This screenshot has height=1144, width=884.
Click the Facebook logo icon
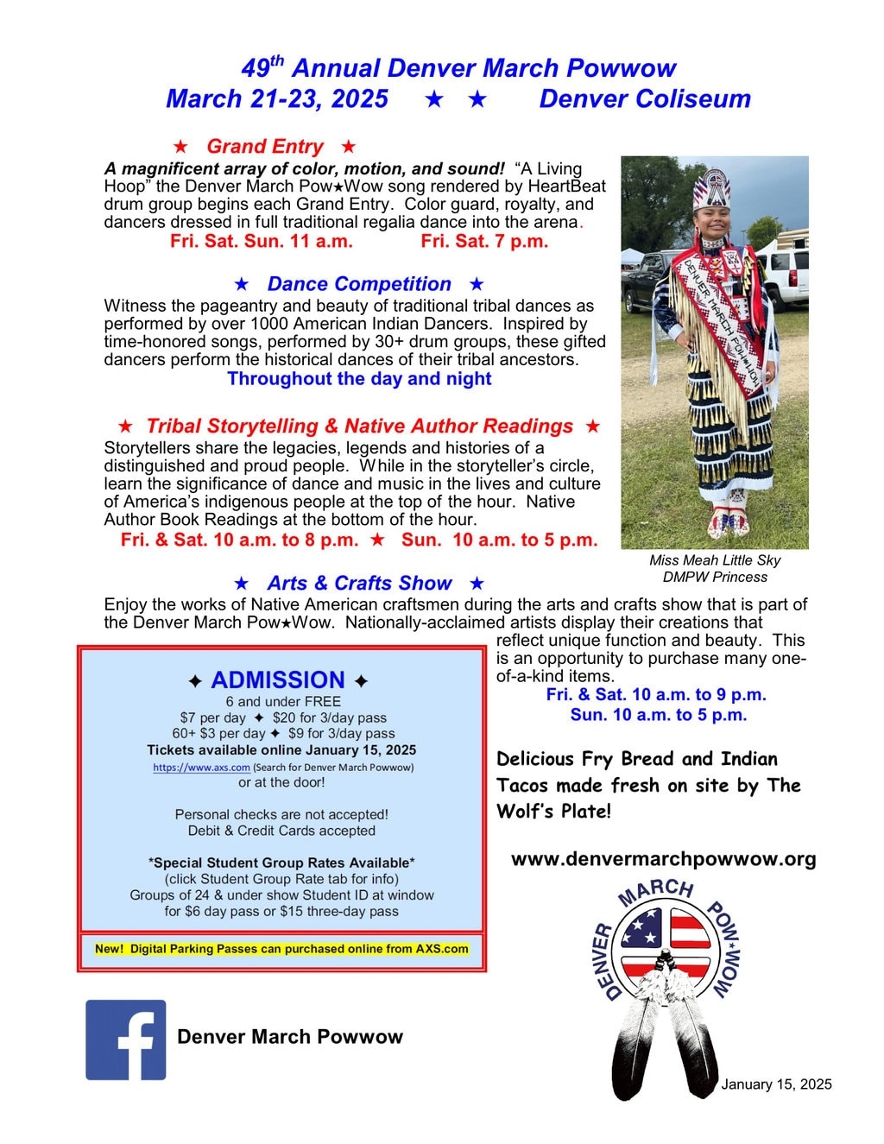(x=125, y=1040)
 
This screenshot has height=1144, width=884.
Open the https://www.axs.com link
(x=201, y=767)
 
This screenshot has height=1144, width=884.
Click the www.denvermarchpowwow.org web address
(x=663, y=859)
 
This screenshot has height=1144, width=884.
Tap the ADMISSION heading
(x=278, y=679)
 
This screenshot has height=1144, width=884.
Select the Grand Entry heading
(x=264, y=147)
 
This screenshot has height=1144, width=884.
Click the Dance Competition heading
(x=359, y=284)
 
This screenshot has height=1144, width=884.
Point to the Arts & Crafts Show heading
(x=359, y=584)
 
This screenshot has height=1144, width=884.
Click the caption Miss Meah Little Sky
(x=715, y=560)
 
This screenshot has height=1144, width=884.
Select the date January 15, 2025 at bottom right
(x=776, y=1084)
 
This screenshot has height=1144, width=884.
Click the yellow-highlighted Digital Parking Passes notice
(x=281, y=949)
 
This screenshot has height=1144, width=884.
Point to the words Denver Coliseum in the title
(x=645, y=99)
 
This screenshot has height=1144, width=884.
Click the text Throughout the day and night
(x=359, y=379)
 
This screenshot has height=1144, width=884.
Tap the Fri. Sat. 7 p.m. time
(x=484, y=242)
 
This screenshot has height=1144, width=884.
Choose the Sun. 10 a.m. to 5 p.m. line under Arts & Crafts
(x=658, y=715)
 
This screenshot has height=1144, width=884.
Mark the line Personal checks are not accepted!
(x=281, y=814)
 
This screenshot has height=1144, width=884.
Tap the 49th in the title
(x=262, y=67)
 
